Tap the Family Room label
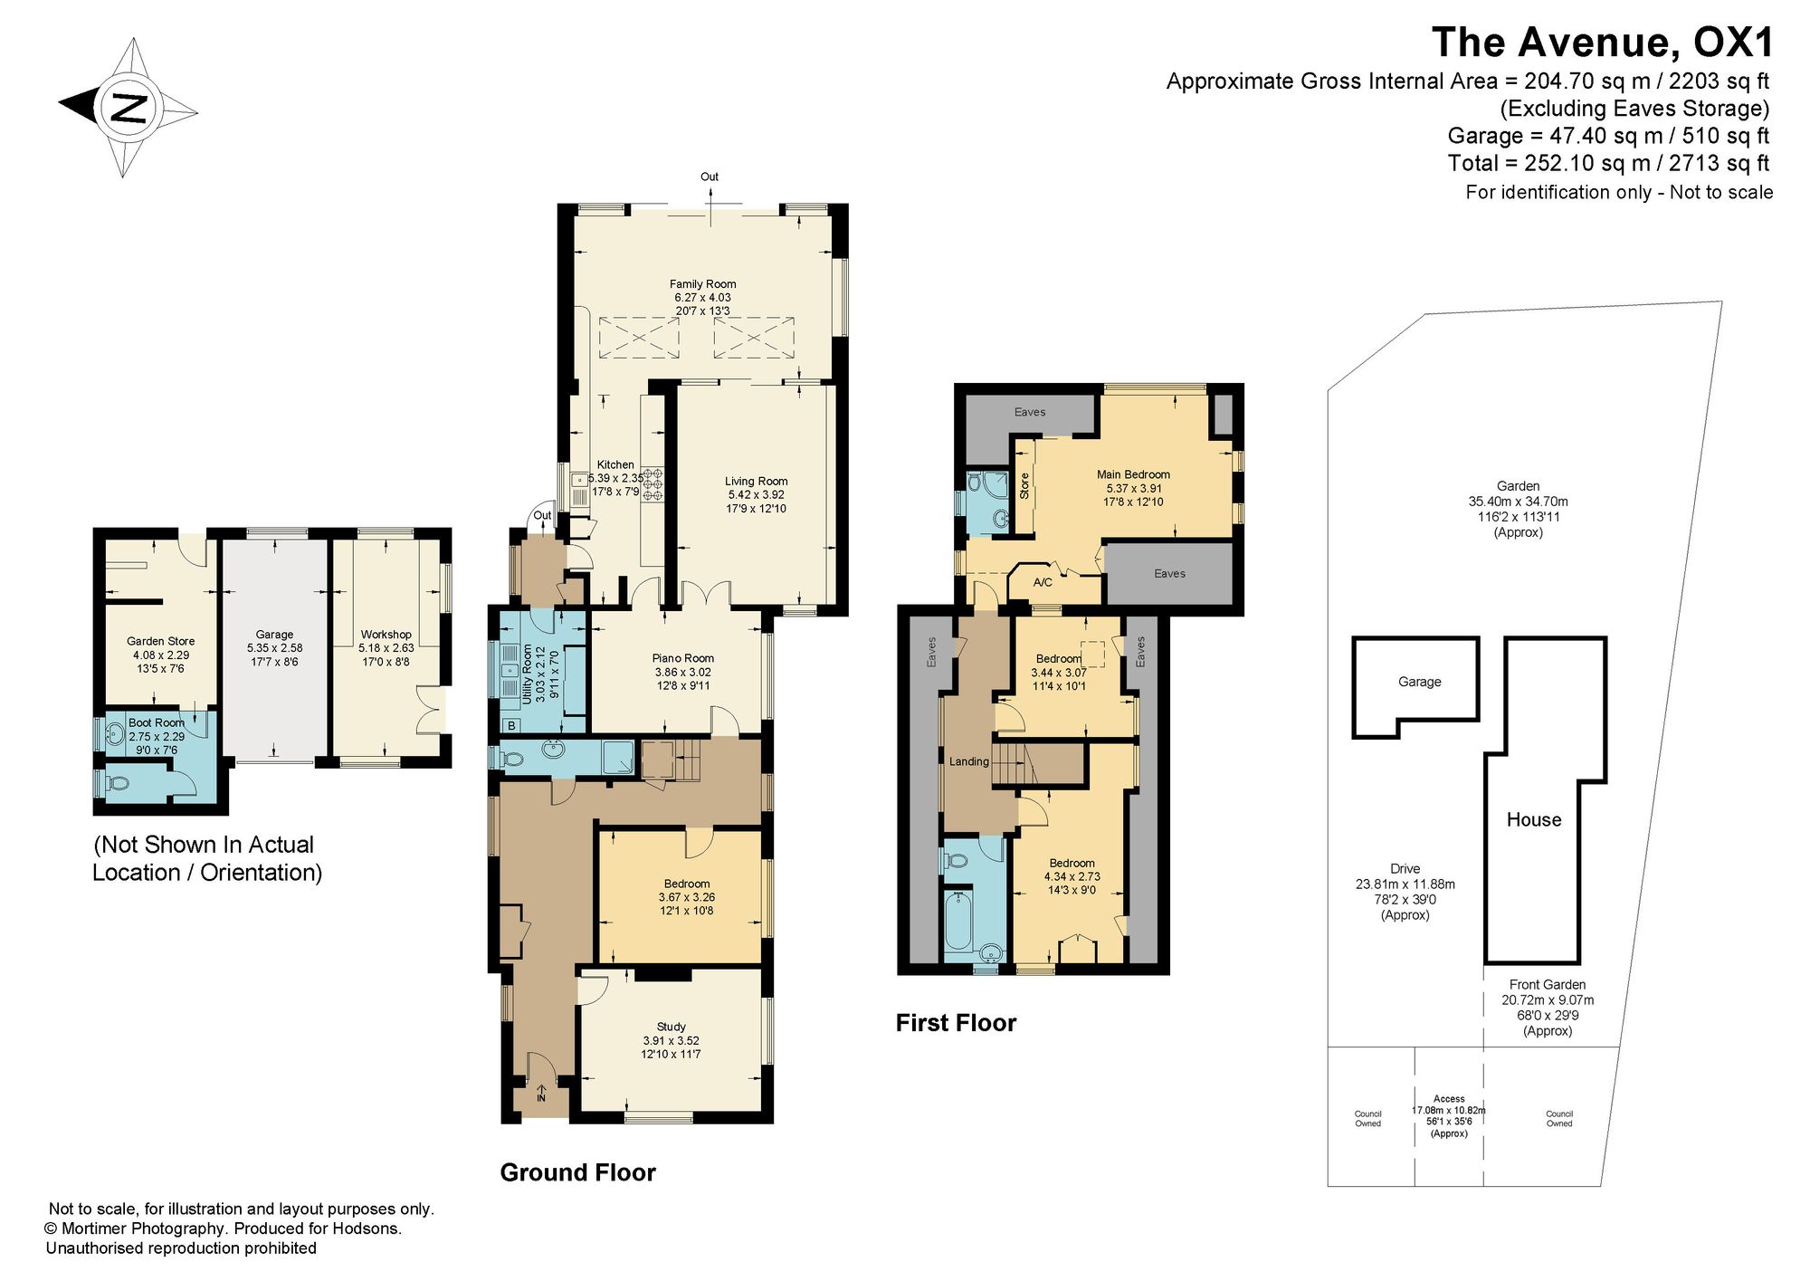tap(702, 284)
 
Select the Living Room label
tap(756, 482)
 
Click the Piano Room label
tap(683, 658)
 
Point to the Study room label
tap(671, 1027)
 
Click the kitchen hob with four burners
tap(653, 484)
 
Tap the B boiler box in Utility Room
tap(511, 725)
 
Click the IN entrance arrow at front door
tap(541, 1093)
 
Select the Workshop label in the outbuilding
tap(386, 635)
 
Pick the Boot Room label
tap(157, 722)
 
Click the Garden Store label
tap(161, 641)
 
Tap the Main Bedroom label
tap(1133, 474)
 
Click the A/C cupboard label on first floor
tap(1043, 583)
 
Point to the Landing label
tap(968, 761)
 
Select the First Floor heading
tap(956, 1023)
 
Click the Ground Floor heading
tap(577, 1172)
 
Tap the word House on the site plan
tap(1534, 820)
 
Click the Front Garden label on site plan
tap(1548, 985)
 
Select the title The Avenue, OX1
tap(1603, 43)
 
